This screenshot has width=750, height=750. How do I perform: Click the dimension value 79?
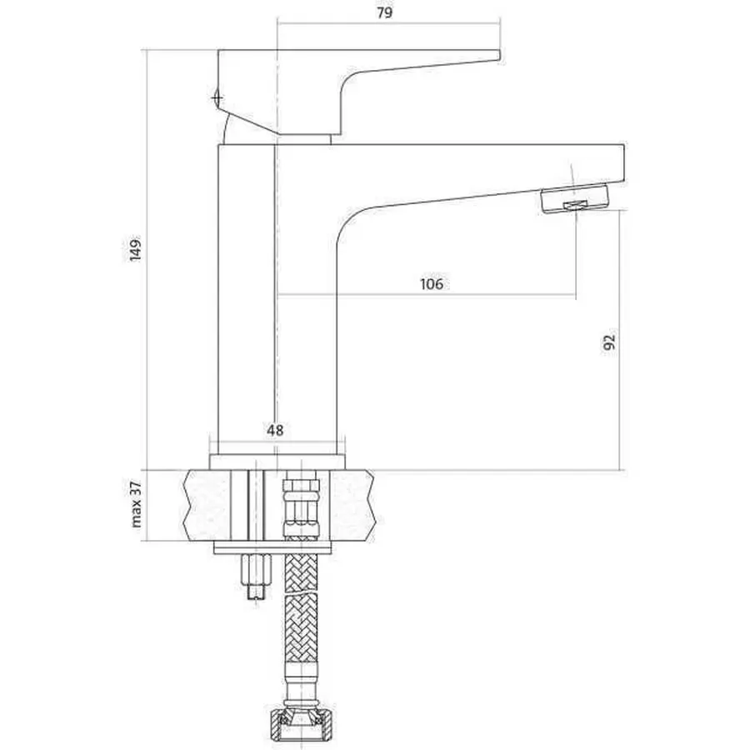click(384, 12)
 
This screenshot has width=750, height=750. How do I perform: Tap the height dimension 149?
click(136, 248)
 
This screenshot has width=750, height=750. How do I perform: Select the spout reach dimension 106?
click(432, 283)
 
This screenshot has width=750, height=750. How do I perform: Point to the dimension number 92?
click(609, 342)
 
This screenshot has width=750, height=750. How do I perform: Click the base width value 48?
click(275, 430)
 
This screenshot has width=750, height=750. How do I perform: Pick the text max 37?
click(137, 504)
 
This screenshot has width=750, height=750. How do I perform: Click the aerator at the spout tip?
click(574, 199)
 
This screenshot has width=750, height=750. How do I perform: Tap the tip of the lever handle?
click(499, 56)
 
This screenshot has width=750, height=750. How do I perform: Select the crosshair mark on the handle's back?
click(217, 98)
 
